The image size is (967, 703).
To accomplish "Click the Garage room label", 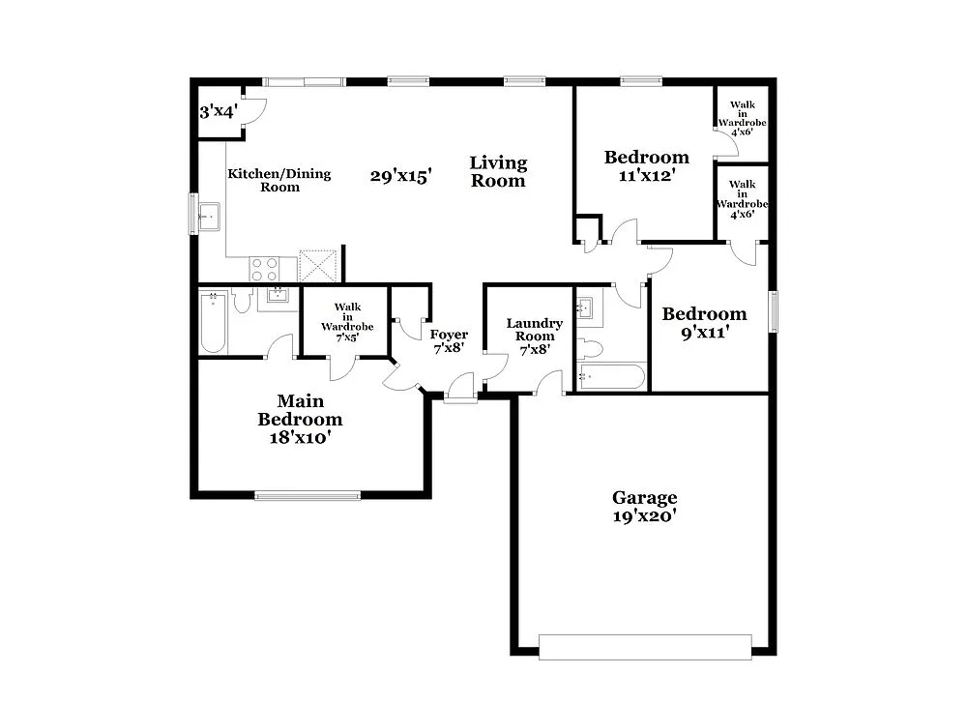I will tap(644, 498).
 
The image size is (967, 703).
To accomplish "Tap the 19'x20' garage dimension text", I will tap(644, 517).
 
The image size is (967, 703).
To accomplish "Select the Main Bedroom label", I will tap(300, 410).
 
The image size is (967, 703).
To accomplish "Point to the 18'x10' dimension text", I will tap(300, 438).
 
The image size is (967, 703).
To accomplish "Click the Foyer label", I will tap(450, 335).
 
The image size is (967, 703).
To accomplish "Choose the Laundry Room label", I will tap(534, 330).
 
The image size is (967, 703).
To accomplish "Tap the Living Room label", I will tap(498, 171).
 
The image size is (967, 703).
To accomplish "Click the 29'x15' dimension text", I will tap(400, 176).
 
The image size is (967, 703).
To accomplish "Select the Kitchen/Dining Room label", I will tap(279, 180).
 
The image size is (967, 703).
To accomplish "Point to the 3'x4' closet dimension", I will tap(218, 112).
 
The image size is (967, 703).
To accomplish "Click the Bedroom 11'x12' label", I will tap(647, 165).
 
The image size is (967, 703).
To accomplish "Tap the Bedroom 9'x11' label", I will tap(704, 322).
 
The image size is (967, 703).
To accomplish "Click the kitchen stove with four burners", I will tap(265, 268).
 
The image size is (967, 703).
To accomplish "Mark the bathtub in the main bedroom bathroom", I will tap(213, 323).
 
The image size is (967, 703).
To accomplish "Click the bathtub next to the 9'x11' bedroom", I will tap(610, 376).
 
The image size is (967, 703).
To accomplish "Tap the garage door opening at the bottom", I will tap(645, 647).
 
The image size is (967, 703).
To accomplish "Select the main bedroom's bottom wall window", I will tap(308, 496).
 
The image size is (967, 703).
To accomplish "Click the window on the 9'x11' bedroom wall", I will tap(773, 311).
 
